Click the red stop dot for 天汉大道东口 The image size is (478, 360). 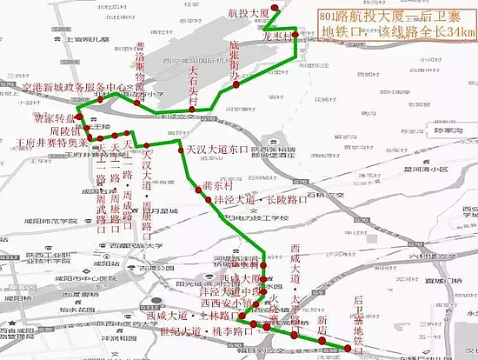point(180,150)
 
